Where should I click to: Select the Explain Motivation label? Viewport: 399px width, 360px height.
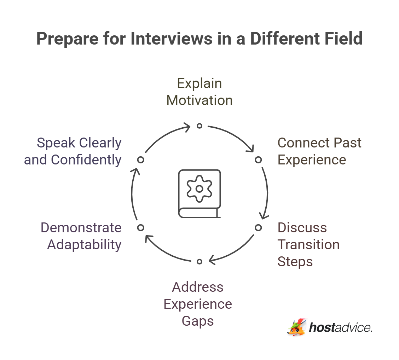pyautogui.click(x=199, y=92)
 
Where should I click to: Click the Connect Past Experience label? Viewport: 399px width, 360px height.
pyautogui.click(x=319, y=151)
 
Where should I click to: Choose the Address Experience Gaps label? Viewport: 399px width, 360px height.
pyautogui.click(x=198, y=304)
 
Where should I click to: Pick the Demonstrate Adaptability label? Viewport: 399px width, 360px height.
pyautogui.click(x=81, y=236)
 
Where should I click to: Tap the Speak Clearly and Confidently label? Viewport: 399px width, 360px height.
pyautogui.click(x=73, y=151)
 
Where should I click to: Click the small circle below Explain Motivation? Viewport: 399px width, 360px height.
pyautogui.click(x=199, y=126)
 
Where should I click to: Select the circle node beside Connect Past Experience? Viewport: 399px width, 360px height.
pyautogui.click(x=258, y=160)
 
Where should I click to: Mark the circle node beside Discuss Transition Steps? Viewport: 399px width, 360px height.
pyautogui.click(x=258, y=227)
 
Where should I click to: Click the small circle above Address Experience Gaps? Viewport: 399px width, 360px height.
pyautogui.click(x=199, y=261)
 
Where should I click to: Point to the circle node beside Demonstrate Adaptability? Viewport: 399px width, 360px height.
pyautogui.click(x=141, y=227)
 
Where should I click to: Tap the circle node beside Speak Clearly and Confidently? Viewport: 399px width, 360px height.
pyautogui.click(x=141, y=160)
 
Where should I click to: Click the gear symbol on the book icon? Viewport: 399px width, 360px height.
pyautogui.click(x=199, y=189)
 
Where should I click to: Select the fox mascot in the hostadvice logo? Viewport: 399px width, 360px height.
pyautogui.click(x=296, y=327)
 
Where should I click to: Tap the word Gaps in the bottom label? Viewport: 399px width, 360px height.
pyautogui.click(x=198, y=321)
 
